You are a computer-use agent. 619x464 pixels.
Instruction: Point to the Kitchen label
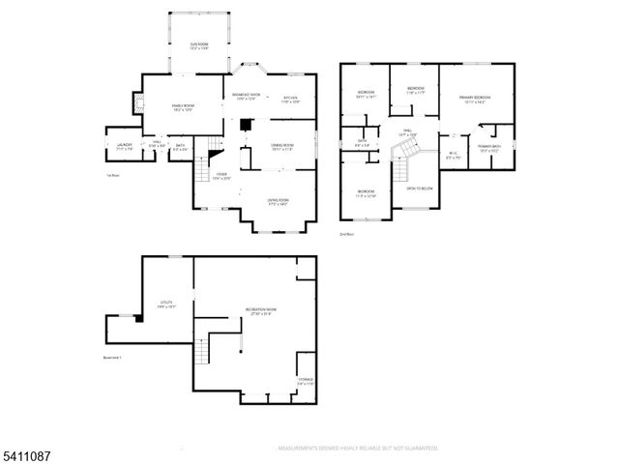tap(290, 99)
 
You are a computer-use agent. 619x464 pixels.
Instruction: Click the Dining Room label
tap(282, 147)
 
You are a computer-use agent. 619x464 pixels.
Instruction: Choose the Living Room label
tap(279, 201)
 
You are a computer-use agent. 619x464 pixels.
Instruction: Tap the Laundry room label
tap(122, 148)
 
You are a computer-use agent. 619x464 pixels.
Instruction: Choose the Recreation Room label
tap(258, 311)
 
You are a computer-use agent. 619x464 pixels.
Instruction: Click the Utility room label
tap(165, 304)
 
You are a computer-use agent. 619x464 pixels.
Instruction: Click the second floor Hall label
tap(408, 133)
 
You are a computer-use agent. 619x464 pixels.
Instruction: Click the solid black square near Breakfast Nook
tap(246, 124)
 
